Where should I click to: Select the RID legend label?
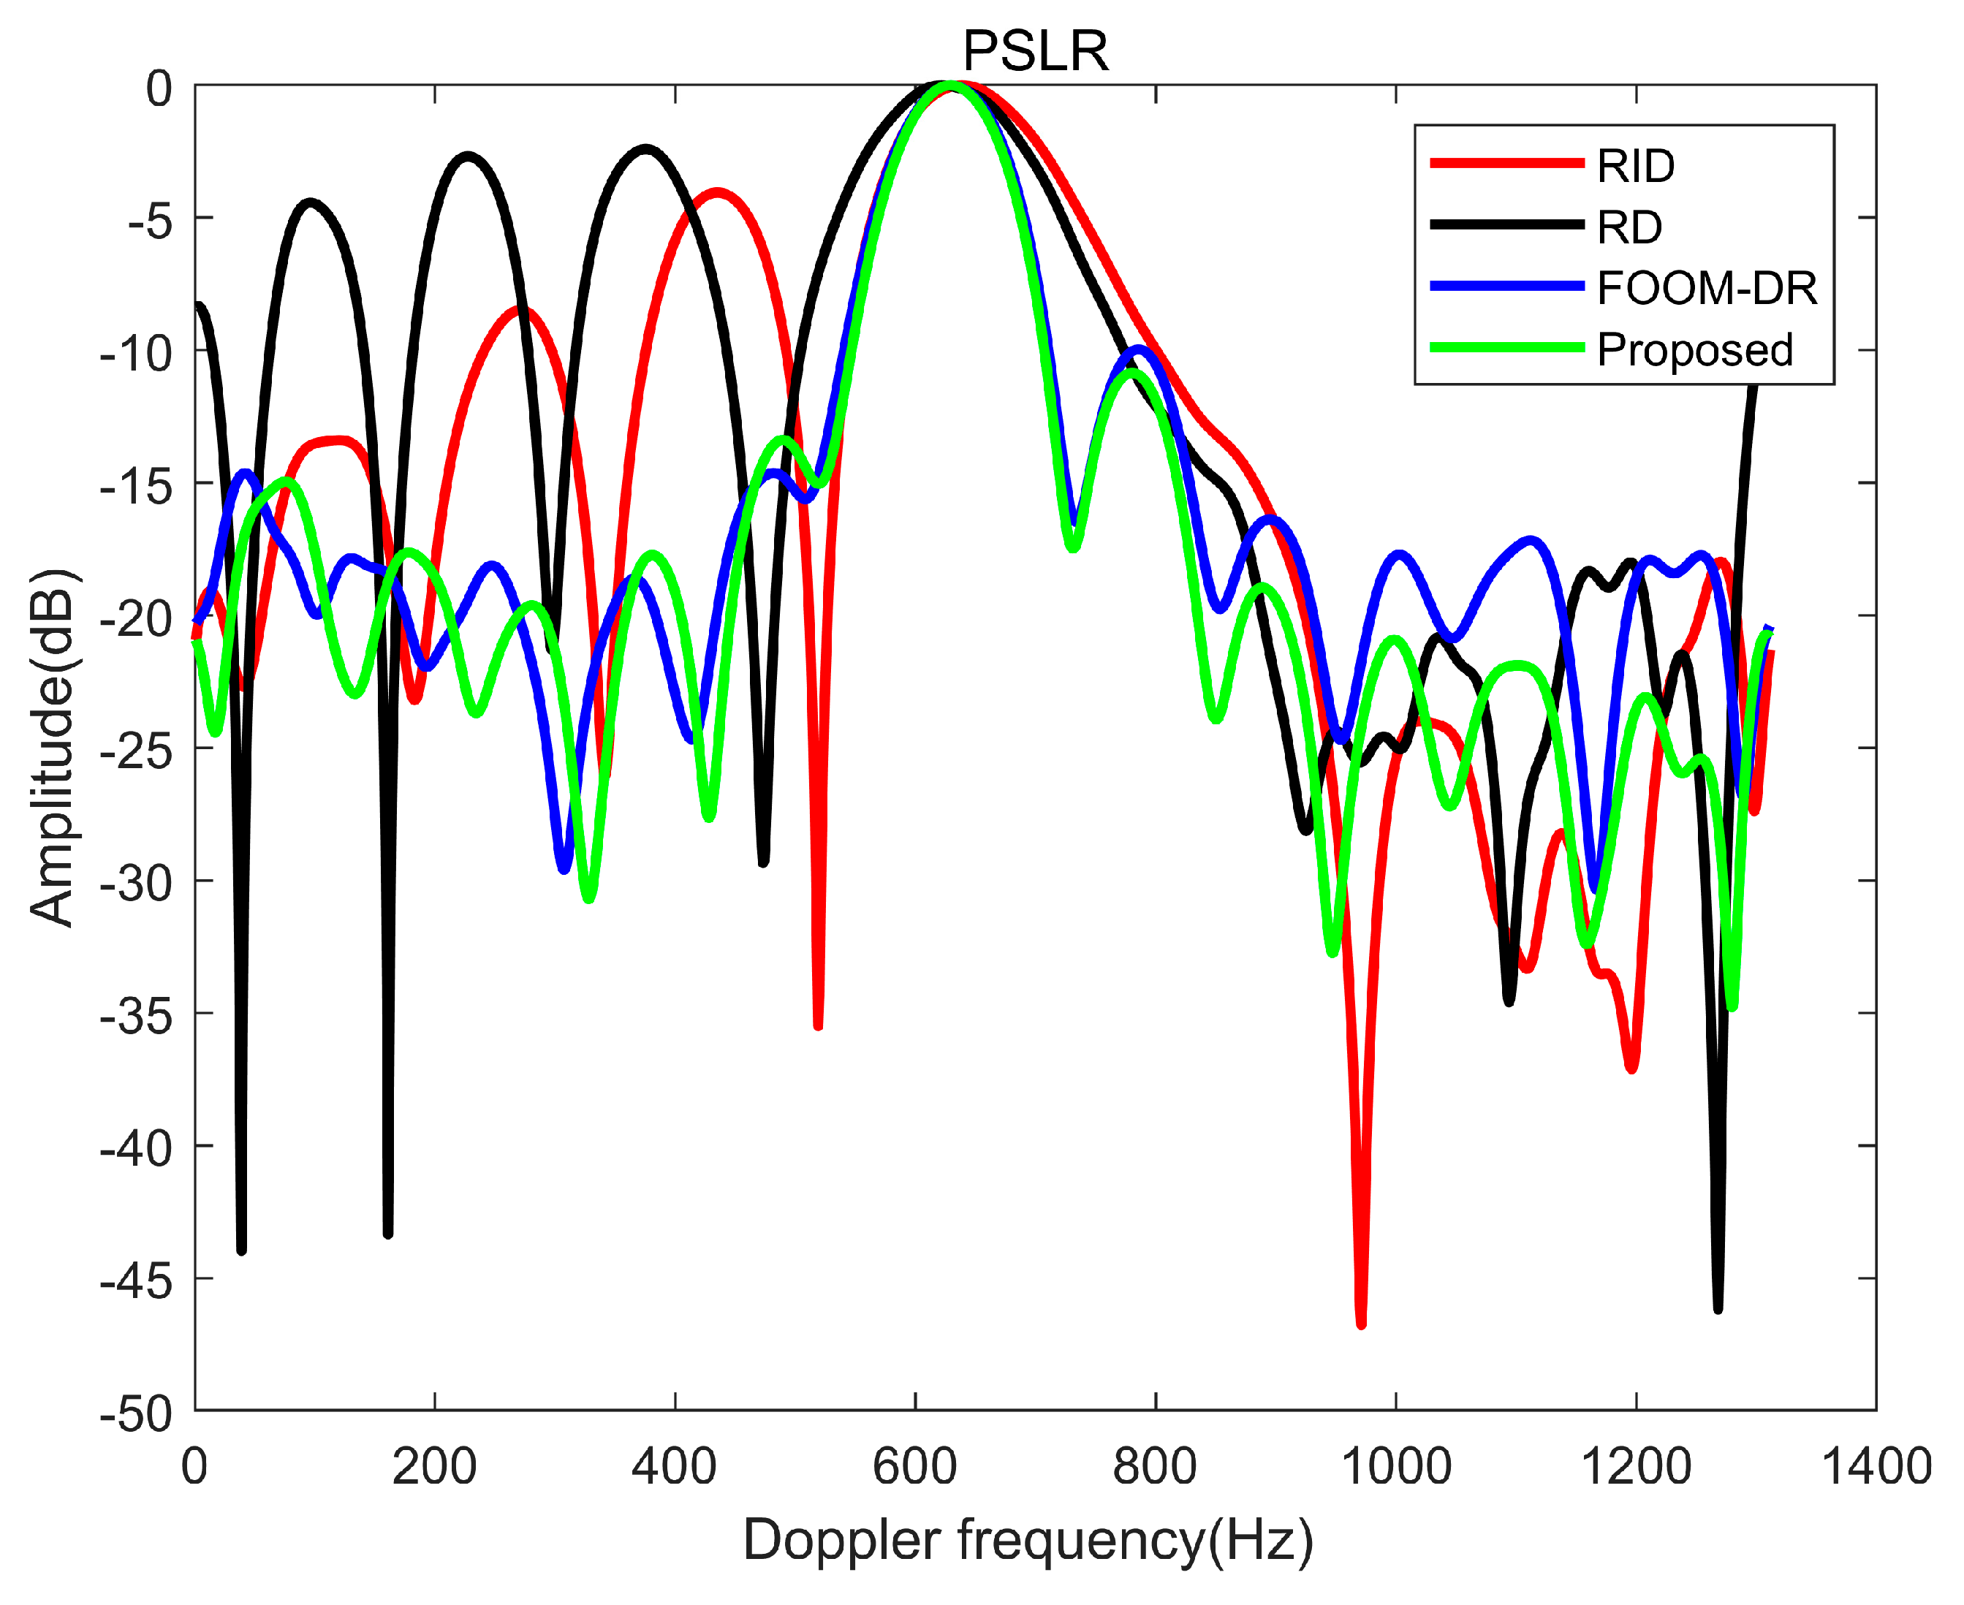tap(1635, 167)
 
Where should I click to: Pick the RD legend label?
tap(1629, 227)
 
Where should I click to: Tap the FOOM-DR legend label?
tap(1706, 289)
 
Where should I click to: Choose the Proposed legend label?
tap(1694, 349)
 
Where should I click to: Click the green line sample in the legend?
tap(1506, 349)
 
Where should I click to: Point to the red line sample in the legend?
tap(1506, 164)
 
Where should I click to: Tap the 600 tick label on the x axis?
tap(914, 1466)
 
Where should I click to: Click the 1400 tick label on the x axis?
tap(1876, 1466)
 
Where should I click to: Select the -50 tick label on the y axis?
tap(136, 1414)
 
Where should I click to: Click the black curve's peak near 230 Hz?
tap(469, 156)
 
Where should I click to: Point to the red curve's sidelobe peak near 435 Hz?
tap(716, 192)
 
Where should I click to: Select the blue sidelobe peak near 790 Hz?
tap(1140, 349)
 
